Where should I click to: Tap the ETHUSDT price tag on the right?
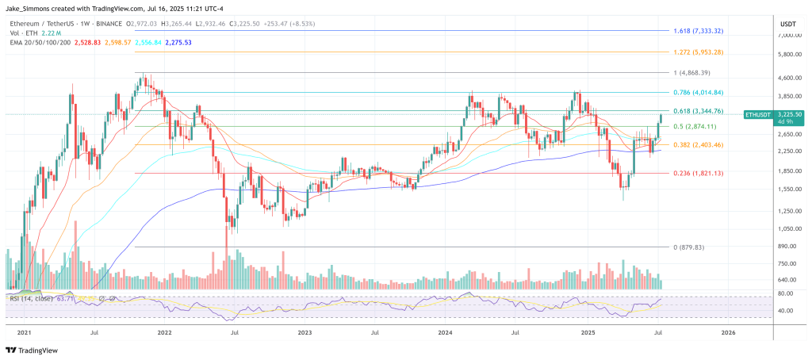762,115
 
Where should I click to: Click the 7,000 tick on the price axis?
787,35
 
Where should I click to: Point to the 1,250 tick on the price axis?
787,210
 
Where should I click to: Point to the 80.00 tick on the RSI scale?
787,293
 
